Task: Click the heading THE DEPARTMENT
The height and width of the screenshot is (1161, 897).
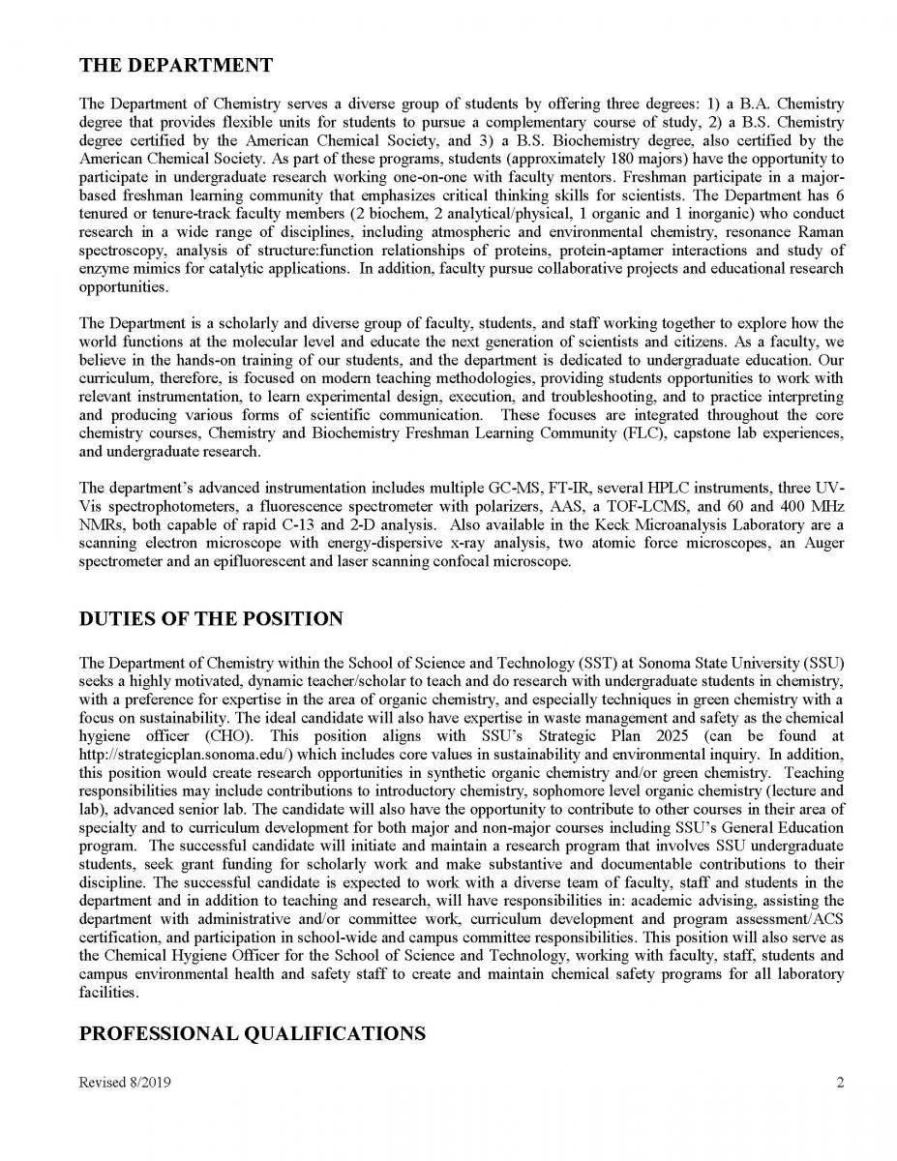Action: pos(175,66)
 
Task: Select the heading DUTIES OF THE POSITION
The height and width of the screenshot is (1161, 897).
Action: pos(211,619)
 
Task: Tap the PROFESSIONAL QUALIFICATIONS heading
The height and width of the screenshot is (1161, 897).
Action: pos(252,1034)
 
